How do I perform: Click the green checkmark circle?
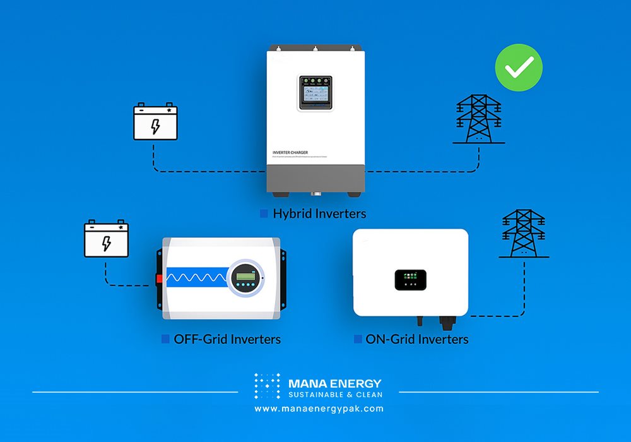click(x=519, y=67)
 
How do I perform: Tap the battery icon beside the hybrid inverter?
click(x=155, y=122)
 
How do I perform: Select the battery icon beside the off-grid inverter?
click(x=107, y=239)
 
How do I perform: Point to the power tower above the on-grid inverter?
click(x=524, y=234)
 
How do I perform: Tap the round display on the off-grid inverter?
click(x=244, y=278)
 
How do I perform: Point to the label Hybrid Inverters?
click(x=319, y=213)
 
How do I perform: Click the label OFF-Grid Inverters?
click(x=227, y=339)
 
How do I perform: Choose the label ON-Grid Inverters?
click(x=417, y=339)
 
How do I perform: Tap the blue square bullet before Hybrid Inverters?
click(x=264, y=213)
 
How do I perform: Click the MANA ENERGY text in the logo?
click(x=334, y=383)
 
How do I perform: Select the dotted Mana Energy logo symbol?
click(x=267, y=386)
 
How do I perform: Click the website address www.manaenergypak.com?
click(x=319, y=409)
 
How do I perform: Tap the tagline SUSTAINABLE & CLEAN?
click(x=334, y=395)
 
